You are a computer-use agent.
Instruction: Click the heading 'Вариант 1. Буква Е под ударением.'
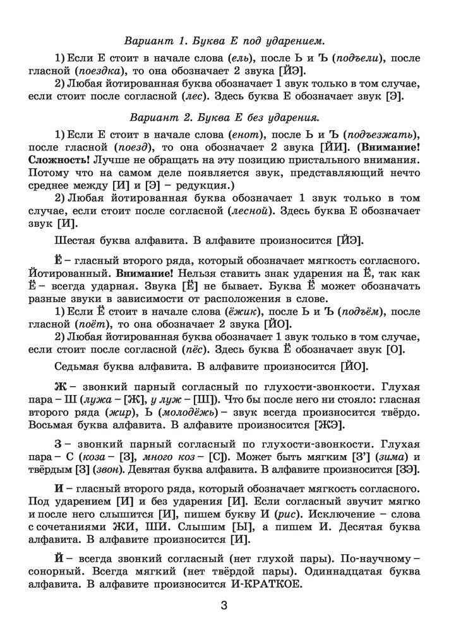coord(233,42)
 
